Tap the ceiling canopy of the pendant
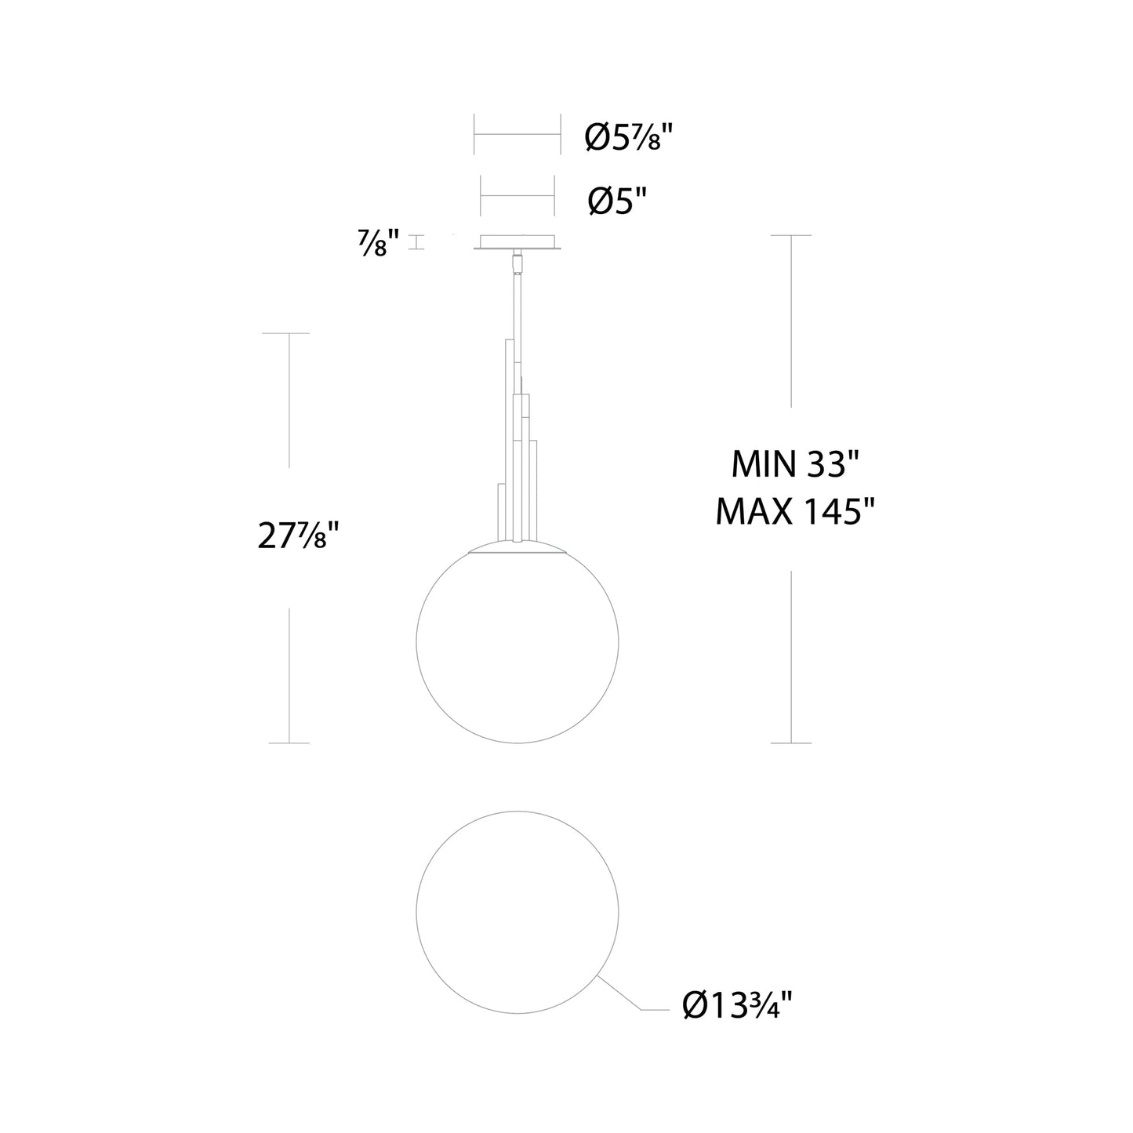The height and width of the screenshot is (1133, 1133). coord(517,242)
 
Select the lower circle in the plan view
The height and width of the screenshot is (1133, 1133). coord(416,913)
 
